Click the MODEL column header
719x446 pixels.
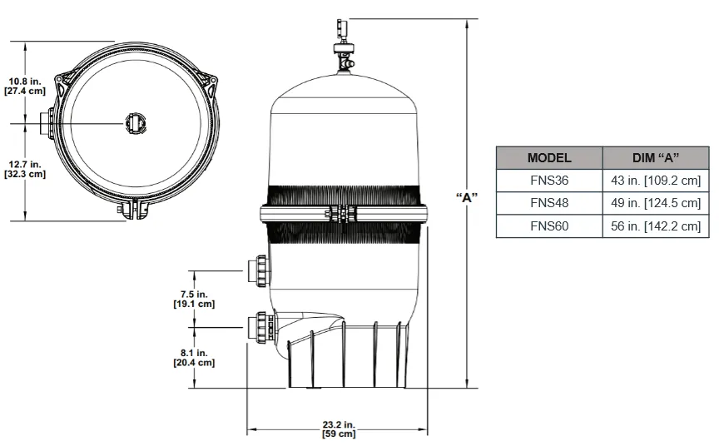[549, 157]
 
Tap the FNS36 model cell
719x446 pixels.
[549, 180]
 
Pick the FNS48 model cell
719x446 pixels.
[549, 203]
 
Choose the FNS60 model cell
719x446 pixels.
[549, 225]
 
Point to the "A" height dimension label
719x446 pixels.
[467, 197]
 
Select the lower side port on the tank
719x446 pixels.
[256, 326]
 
